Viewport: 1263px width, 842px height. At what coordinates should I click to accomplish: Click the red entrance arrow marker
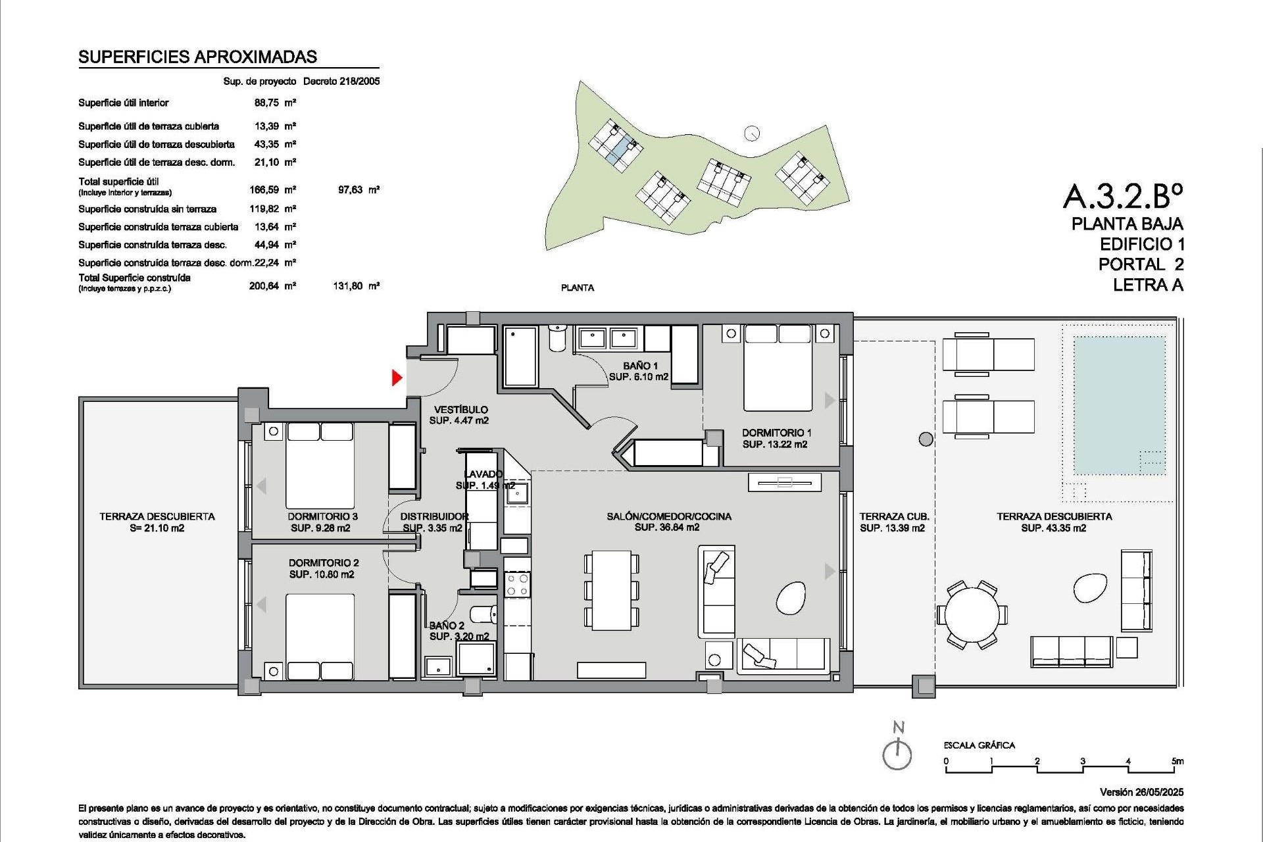[x=397, y=378]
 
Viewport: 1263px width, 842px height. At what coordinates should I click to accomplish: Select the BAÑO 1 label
[x=640, y=366]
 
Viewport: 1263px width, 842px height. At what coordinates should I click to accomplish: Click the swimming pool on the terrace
[x=1119, y=405]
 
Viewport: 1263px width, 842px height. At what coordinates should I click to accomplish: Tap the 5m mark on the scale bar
[x=1177, y=761]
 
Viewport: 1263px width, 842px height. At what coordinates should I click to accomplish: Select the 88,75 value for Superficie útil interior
[x=266, y=103]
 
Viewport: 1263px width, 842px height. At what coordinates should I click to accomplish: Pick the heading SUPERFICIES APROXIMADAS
[x=197, y=57]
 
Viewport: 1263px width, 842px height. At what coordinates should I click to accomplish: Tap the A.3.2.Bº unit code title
[x=1122, y=195]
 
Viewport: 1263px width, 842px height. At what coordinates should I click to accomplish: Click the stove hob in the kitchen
[x=517, y=584]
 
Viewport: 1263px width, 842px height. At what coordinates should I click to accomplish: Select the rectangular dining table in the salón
[x=611, y=590]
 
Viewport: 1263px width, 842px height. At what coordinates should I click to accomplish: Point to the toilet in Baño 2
[x=484, y=614]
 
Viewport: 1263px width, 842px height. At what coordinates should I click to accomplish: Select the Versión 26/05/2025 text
[x=1141, y=792]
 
